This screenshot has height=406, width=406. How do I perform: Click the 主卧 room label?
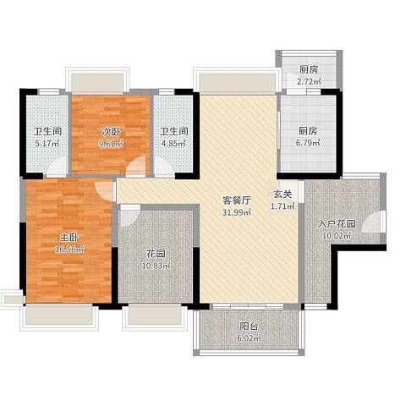(x=69, y=238)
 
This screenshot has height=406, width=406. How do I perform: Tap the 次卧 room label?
(x=111, y=132)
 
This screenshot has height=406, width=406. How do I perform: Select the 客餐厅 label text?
(x=237, y=200)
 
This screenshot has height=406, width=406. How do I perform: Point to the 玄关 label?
(x=283, y=195)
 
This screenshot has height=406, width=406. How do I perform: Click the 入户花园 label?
(x=337, y=224)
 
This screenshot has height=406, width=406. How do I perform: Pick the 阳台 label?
(x=249, y=326)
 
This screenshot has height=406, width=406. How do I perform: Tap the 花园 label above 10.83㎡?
(x=156, y=254)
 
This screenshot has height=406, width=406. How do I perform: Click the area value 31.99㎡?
(x=237, y=212)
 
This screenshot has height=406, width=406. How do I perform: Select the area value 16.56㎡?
(x=69, y=250)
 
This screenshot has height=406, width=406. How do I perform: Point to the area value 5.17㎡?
(x=47, y=144)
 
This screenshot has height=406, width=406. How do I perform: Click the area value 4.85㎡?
(x=174, y=143)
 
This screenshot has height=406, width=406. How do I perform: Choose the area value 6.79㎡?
(x=308, y=143)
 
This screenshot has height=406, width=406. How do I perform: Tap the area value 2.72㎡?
(x=309, y=82)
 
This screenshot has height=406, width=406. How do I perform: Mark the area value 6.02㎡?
(x=249, y=338)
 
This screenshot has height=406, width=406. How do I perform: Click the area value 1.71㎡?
(x=283, y=206)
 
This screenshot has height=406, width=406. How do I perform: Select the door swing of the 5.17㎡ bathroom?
(x=58, y=167)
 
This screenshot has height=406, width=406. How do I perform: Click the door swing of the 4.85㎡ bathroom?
(x=163, y=167)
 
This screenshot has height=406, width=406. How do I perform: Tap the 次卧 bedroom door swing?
(x=136, y=167)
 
